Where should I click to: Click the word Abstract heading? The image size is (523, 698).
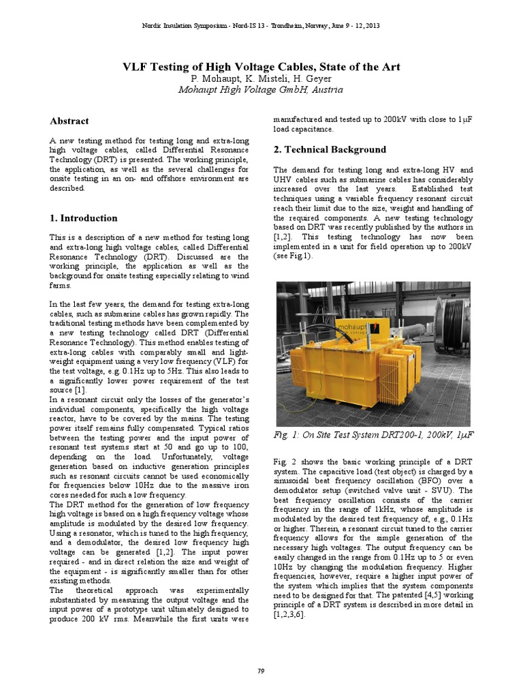[69, 121]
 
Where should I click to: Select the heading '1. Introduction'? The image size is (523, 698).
[83, 218]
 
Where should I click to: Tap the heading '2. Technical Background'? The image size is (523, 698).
[330, 149]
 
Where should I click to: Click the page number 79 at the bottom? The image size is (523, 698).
[261, 672]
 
